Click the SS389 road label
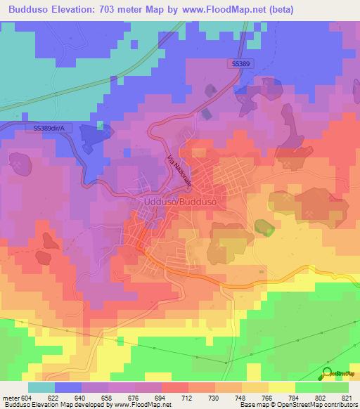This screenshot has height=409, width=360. click(240, 64)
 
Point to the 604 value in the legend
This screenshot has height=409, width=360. click(27, 397)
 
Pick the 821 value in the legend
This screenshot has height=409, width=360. click(347, 397)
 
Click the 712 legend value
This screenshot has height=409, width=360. click(187, 397)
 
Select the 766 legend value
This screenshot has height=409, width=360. click(267, 397)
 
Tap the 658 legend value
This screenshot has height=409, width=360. click(107, 397)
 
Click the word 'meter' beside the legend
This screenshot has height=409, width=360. click(10, 397)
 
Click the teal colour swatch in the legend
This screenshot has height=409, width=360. click(41, 387)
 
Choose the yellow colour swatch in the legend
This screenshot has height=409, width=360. click(281, 387)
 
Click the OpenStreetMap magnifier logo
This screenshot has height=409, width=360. click(328, 373)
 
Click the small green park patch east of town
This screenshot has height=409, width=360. click(264, 227)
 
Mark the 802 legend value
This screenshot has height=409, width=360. click(321, 397)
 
